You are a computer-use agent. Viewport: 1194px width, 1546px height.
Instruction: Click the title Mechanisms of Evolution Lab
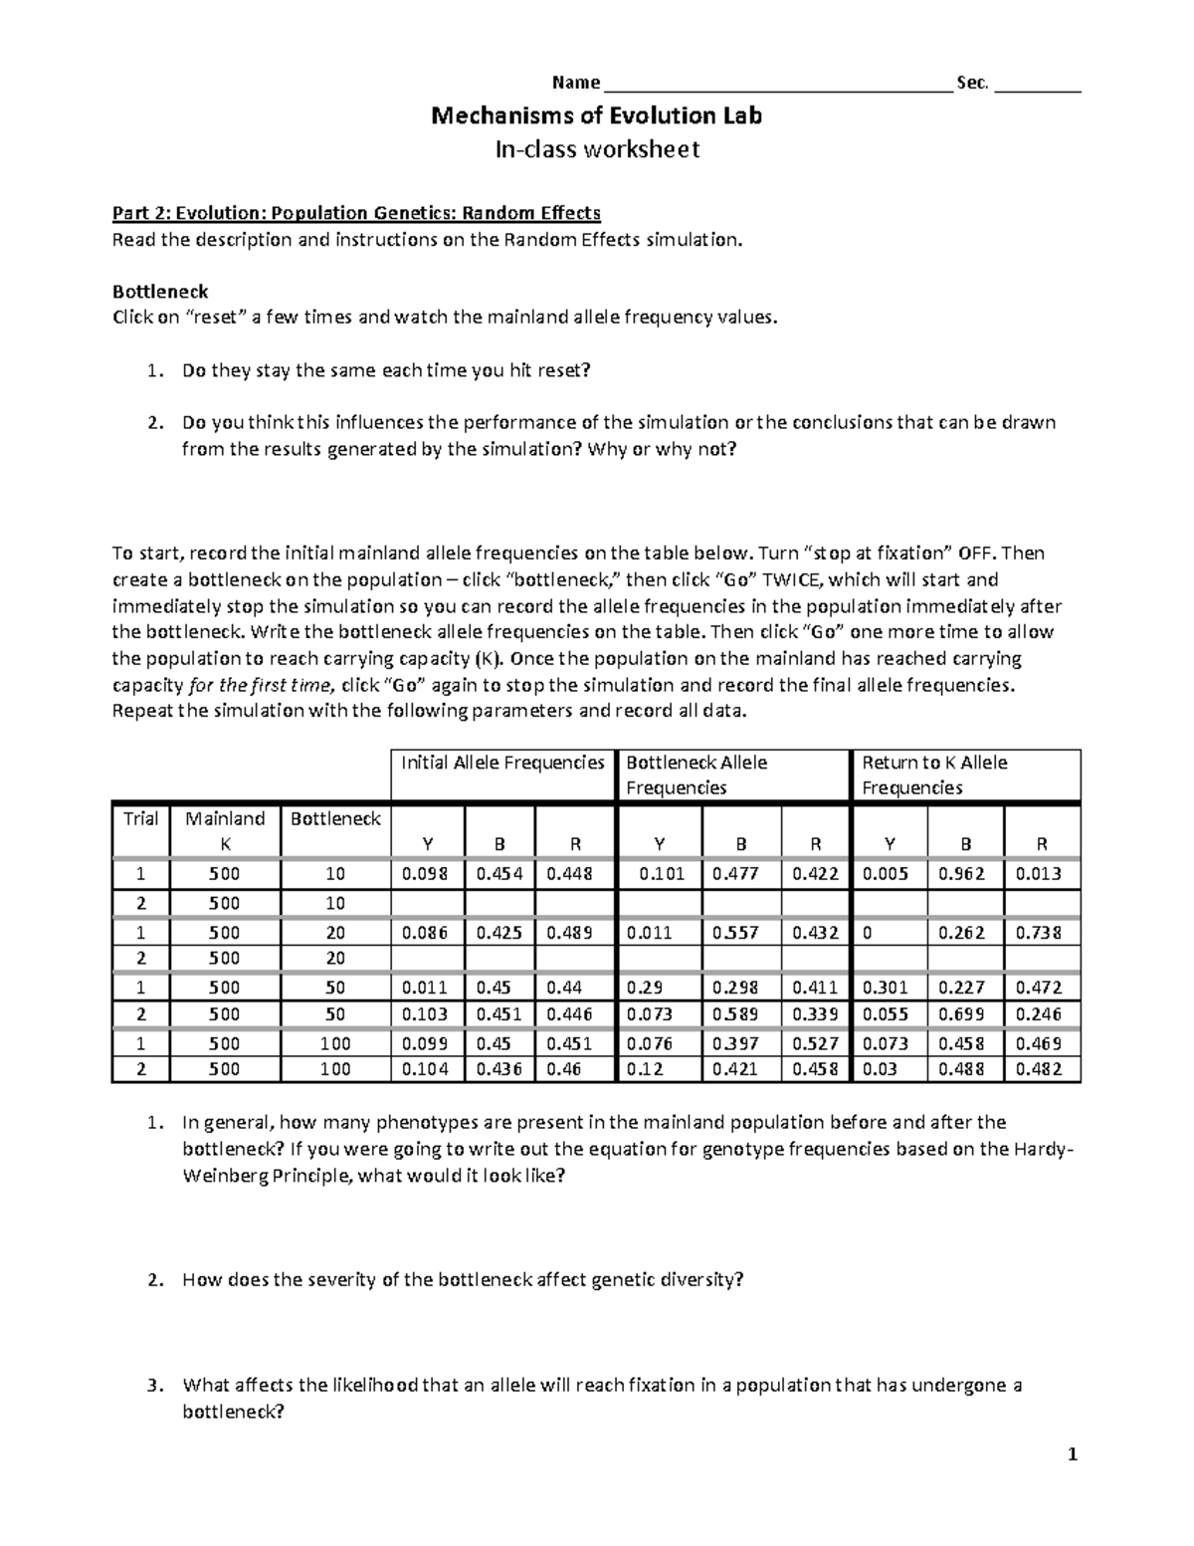(596, 115)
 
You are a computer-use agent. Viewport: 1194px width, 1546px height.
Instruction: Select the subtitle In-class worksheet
(597, 149)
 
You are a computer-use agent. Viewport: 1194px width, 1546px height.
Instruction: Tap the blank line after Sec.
(1037, 84)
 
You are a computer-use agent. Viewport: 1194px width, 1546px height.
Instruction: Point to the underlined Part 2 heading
(356, 213)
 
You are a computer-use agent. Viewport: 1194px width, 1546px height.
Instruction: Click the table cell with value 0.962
(965, 874)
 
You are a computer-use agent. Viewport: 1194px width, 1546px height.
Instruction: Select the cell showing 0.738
(1042, 933)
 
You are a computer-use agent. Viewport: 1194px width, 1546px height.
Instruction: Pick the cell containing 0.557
(741, 933)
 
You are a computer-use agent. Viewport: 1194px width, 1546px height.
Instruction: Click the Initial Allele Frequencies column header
(502, 764)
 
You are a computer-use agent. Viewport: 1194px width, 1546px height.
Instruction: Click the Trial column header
(140, 819)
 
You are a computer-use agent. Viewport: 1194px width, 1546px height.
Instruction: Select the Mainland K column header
(225, 830)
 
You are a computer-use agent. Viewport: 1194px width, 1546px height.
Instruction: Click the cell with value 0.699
(965, 1014)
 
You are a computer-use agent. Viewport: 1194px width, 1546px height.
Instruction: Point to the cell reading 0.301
(890, 988)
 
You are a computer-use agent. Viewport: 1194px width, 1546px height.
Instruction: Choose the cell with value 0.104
(426, 1069)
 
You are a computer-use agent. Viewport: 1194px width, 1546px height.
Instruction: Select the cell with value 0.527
(816, 1043)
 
